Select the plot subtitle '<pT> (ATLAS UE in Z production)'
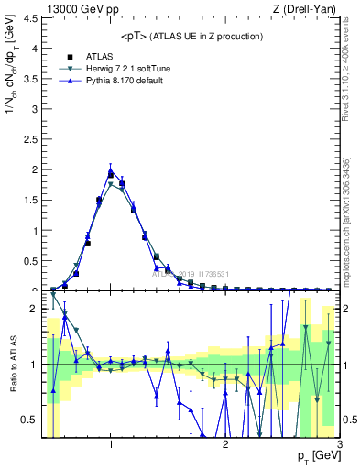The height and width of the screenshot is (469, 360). click(x=191, y=36)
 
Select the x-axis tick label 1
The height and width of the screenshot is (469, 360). click(x=111, y=444)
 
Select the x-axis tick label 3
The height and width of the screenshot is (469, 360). click(x=339, y=444)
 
